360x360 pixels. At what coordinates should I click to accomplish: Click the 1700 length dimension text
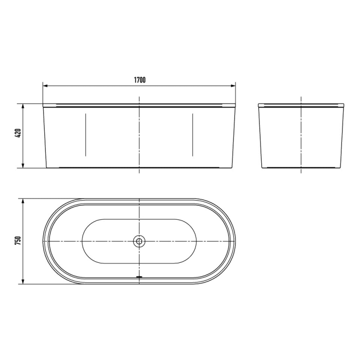(x=139, y=80)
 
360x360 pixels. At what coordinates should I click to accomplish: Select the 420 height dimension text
(x=17, y=135)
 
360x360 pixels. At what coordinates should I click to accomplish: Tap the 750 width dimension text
(x=17, y=241)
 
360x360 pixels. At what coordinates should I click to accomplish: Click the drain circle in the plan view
(x=139, y=241)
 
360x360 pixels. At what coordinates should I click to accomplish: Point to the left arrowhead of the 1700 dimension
(x=45, y=85)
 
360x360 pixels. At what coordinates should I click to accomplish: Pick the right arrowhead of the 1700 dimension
(x=233, y=85)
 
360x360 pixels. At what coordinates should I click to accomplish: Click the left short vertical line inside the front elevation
(x=85, y=135)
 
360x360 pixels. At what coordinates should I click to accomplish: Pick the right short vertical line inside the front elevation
(x=192, y=135)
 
